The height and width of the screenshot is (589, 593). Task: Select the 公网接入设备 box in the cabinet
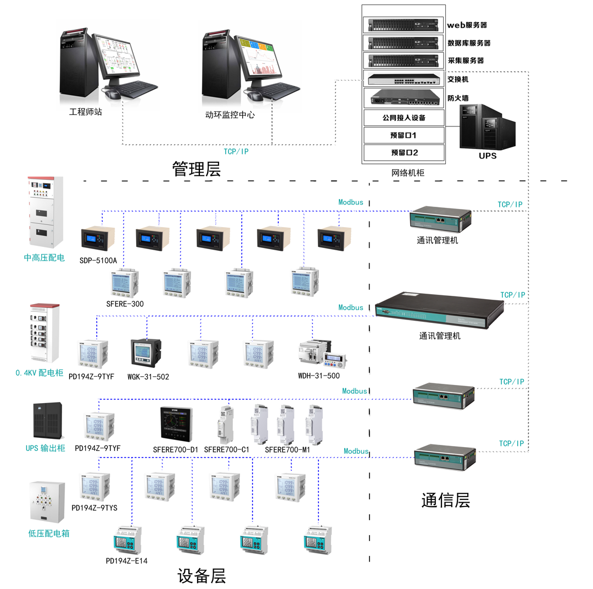(x=404, y=118)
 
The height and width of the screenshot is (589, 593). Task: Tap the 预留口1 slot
(x=404, y=135)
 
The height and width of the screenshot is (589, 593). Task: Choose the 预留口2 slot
(x=404, y=152)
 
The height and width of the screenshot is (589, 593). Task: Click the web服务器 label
(x=467, y=25)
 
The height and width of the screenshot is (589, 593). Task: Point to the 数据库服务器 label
(x=469, y=43)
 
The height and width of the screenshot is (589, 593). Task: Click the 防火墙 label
(x=457, y=98)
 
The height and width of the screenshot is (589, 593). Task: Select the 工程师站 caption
(x=85, y=112)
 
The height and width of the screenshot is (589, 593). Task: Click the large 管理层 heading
(x=196, y=168)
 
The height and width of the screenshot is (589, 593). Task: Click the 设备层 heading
(x=202, y=576)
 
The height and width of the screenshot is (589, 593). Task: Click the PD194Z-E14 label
(x=126, y=560)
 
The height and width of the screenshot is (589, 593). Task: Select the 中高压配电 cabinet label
(x=44, y=257)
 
